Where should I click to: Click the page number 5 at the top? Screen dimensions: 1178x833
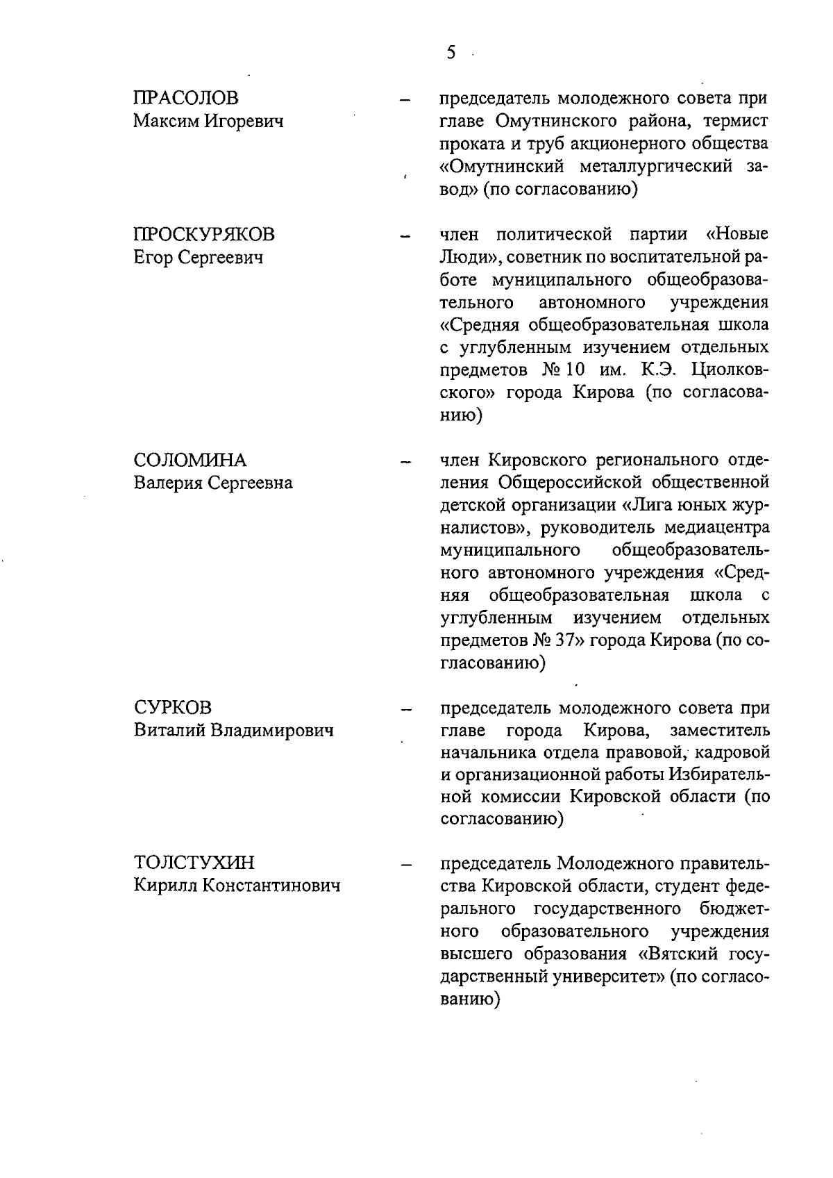click(451, 53)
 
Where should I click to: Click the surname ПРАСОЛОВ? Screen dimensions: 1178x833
click(186, 99)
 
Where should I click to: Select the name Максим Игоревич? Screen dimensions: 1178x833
click(208, 122)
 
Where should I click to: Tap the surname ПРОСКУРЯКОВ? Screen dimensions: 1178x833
click(204, 235)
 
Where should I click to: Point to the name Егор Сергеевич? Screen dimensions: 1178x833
click(199, 258)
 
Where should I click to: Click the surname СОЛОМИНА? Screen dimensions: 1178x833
click(190, 460)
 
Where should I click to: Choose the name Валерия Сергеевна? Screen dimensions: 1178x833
click(213, 483)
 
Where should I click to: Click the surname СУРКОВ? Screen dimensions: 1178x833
click(172, 708)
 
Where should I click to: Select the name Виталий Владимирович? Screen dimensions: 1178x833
click(233, 731)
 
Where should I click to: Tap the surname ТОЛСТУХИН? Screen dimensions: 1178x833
click(194, 863)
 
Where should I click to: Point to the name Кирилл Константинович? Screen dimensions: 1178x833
click(237, 886)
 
